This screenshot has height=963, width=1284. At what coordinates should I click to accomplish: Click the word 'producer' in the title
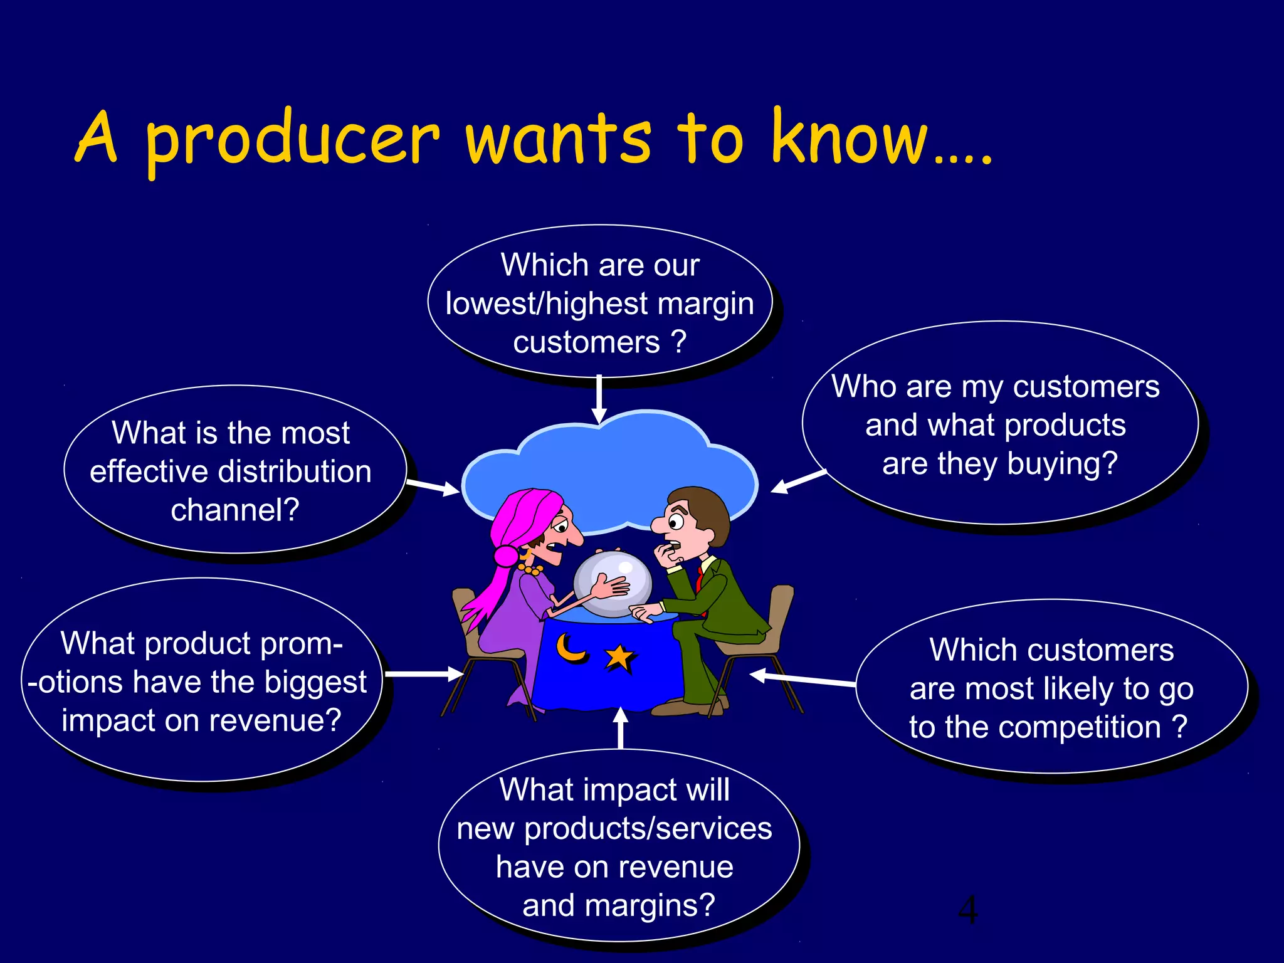[x=292, y=139]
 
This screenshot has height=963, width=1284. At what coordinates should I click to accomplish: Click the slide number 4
[x=967, y=910]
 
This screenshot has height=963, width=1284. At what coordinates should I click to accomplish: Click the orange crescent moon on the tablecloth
[x=571, y=648]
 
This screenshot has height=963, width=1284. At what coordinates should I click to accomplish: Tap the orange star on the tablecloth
[x=619, y=658]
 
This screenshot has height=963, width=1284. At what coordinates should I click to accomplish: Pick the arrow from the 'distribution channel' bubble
[x=433, y=487]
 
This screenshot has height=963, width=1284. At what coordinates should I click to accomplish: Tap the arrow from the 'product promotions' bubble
[x=424, y=674]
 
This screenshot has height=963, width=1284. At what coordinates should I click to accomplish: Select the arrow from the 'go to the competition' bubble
[x=803, y=678]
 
